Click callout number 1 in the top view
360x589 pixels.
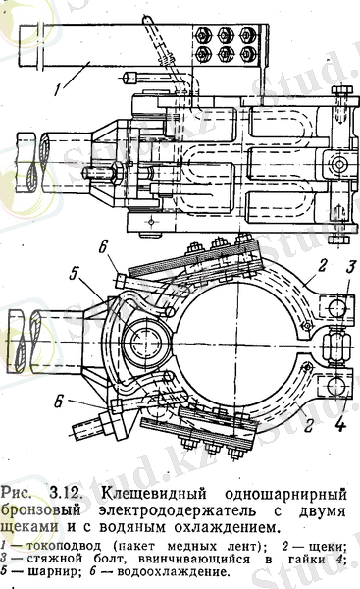(x=58, y=89)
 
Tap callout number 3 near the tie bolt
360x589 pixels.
(x=351, y=267)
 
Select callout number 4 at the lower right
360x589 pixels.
(x=339, y=424)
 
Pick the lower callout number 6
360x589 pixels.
(x=58, y=402)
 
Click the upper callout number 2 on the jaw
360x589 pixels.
(x=322, y=266)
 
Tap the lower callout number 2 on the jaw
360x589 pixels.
(x=309, y=425)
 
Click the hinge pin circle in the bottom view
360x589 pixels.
(x=145, y=344)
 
